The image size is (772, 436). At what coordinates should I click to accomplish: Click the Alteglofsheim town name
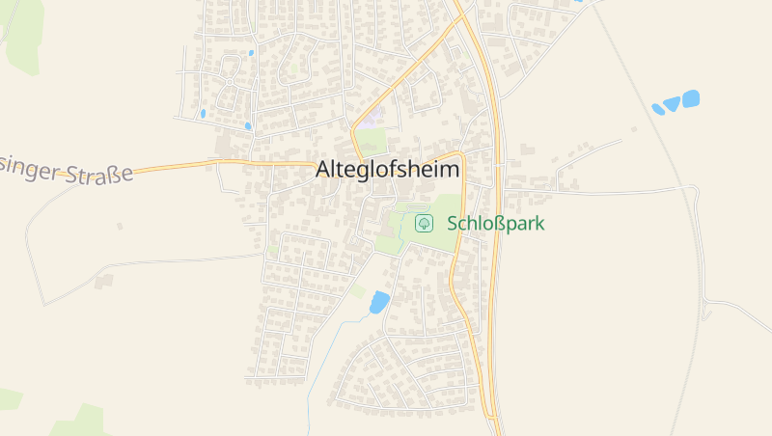388,169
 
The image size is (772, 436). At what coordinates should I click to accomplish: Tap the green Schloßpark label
496,223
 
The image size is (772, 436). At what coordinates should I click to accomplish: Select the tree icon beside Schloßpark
423,223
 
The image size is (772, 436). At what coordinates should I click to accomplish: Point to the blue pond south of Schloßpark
379,302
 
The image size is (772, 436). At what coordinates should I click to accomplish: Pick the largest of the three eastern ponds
691,98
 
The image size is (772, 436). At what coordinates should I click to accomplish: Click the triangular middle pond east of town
672,104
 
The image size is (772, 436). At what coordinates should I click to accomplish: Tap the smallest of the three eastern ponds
657,109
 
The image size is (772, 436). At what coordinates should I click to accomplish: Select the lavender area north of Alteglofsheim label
372,119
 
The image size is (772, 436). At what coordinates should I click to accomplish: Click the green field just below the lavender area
372,141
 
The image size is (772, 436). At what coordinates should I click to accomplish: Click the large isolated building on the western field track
104,281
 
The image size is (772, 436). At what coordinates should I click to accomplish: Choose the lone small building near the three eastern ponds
633,128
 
